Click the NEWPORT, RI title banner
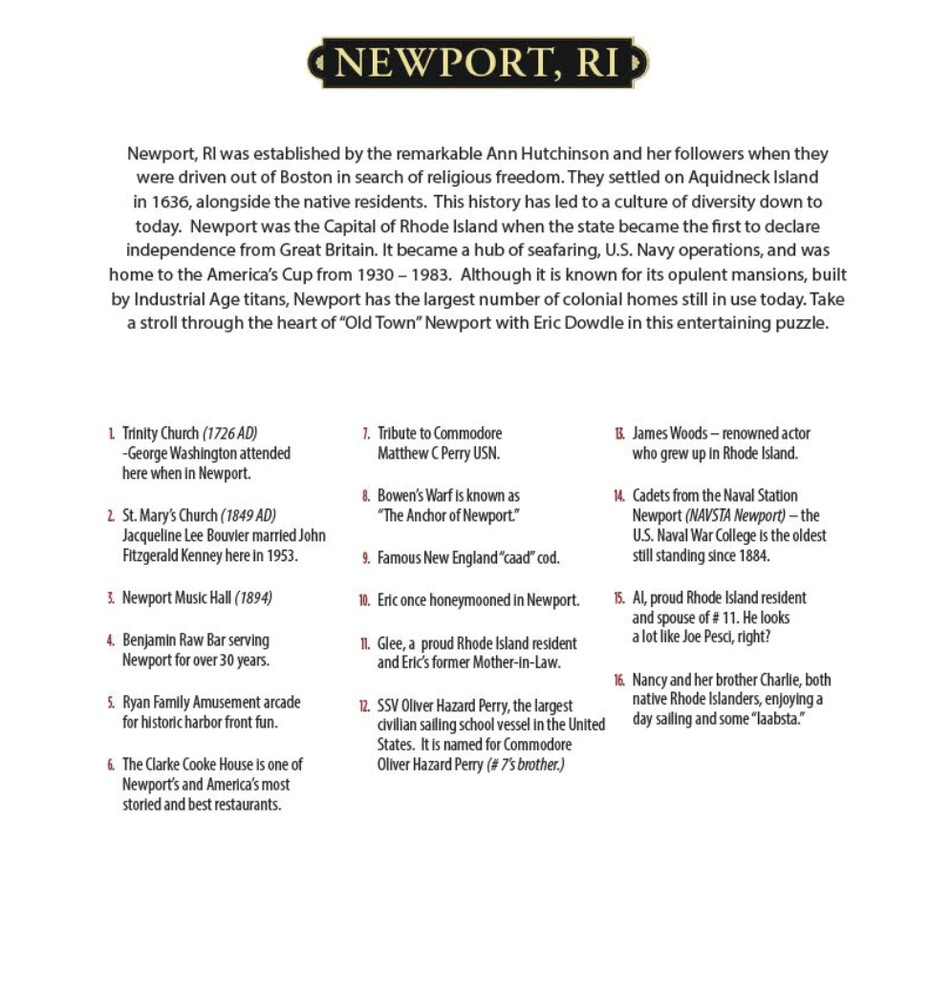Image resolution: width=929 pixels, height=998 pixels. point(477,63)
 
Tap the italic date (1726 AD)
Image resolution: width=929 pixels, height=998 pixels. point(229,433)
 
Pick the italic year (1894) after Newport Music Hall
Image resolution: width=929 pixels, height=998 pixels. point(253,598)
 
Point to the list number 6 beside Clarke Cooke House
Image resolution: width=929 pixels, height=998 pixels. point(111,765)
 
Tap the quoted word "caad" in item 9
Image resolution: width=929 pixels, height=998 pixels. point(487,557)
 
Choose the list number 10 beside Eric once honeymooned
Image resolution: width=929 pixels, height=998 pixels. point(364,601)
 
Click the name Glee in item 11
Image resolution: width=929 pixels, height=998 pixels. point(390,643)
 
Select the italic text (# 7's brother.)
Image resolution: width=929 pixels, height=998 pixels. point(526,765)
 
